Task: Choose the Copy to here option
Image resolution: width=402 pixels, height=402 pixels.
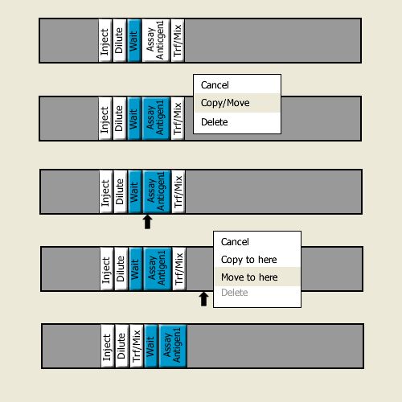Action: (249, 260)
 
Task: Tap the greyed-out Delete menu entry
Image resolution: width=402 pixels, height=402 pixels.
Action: (235, 293)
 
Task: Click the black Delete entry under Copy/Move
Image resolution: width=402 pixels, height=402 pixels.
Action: (215, 122)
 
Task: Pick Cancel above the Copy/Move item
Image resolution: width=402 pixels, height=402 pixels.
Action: (215, 85)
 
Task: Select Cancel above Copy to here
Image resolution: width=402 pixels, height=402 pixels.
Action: (235, 242)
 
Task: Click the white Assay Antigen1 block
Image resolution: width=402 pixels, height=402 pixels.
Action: (156, 40)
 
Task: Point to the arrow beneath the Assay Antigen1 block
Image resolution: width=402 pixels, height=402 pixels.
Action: (147, 222)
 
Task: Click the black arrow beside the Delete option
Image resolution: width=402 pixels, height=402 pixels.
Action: (204, 299)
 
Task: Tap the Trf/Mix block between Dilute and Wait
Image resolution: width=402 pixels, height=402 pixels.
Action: (137, 346)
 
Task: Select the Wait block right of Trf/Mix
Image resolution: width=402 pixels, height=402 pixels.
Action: (151, 346)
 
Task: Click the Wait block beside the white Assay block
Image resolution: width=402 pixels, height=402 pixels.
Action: (134, 40)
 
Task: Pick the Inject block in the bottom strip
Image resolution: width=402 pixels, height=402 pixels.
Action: (108, 346)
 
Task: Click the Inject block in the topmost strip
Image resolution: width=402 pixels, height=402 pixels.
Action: (105, 40)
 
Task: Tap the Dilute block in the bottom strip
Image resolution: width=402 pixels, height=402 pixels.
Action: (122, 346)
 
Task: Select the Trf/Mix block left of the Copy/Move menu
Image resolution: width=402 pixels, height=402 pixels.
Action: (178, 118)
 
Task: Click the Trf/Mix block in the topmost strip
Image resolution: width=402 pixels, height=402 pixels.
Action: (178, 40)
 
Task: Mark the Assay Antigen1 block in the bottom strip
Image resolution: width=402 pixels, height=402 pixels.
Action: (173, 346)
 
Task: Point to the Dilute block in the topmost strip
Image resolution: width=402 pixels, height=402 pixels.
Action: (120, 40)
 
